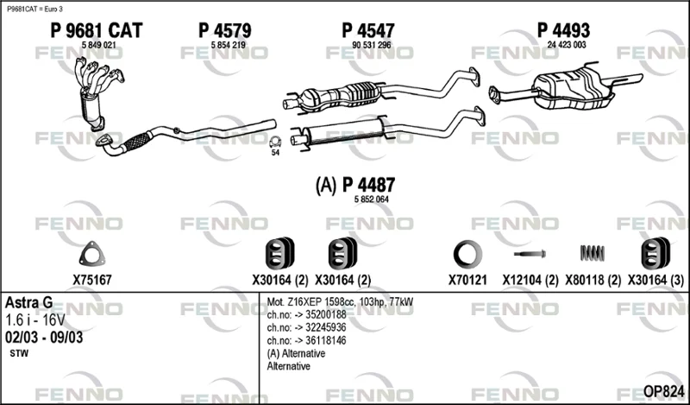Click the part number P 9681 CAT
tap(97, 30)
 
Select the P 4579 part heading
tap(225, 30)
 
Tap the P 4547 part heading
tap(368, 30)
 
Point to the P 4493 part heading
tap(564, 30)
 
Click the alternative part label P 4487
tap(369, 185)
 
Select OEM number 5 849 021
tap(99, 45)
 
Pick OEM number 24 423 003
tap(567, 45)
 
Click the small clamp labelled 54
tap(275, 142)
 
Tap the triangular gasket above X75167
tap(92, 254)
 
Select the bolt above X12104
tap(530, 254)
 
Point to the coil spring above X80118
tap(593, 253)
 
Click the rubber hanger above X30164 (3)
tap(655, 253)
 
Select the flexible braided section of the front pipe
tap(137, 141)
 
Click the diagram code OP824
tap(663, 391)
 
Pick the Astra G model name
tap(29, 303)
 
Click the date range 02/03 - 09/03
tap(44, 338)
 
